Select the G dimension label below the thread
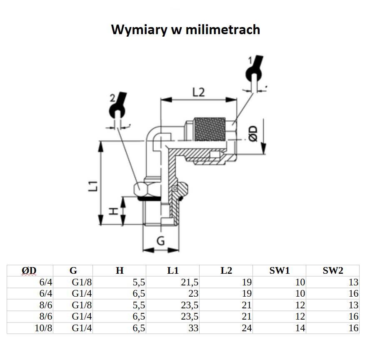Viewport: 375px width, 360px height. pos(161,240)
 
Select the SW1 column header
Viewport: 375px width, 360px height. pos(279,270)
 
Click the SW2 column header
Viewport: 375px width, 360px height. pos(333,270)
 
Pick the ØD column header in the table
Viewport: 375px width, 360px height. pos(29,270)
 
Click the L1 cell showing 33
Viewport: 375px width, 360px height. pos(193,328)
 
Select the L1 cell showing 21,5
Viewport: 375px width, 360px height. pos(190,282)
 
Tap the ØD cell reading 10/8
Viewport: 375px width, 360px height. pos(44,328)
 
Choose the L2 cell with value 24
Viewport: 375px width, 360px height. pos(247,328)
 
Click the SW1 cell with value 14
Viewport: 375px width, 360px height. pos(300,328)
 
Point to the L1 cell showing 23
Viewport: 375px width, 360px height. pos(193,293)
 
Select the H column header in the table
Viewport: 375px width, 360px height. pos(120,270)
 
